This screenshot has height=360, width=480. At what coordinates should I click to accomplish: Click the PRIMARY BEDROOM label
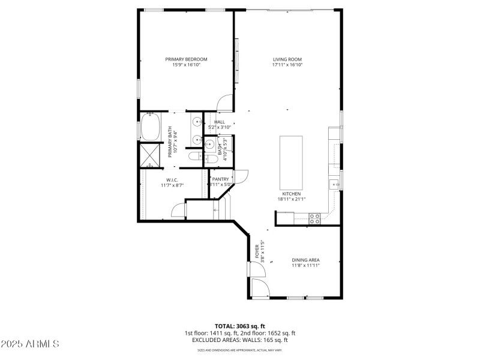(186, 59)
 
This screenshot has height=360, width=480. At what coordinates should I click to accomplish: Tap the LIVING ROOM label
(287, 59)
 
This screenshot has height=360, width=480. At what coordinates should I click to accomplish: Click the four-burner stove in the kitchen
(313, 218)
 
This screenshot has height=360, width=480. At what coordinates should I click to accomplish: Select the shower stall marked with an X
(149, 155)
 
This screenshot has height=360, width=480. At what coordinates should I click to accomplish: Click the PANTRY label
(220, 179)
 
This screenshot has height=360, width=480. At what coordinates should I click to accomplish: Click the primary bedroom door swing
(224, 103)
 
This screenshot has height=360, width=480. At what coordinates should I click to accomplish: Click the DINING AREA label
(305, 260)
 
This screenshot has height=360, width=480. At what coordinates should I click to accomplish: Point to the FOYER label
(257, 250)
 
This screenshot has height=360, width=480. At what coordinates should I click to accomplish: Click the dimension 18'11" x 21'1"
(291, 199)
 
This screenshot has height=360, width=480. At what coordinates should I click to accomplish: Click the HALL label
(220, 122)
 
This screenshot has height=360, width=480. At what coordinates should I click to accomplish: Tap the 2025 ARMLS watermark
(30, 344)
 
